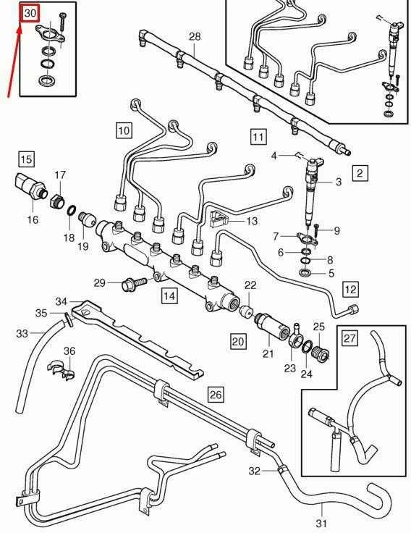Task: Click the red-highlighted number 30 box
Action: [x=30, y=14]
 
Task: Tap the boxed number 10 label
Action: [x=124, y=130]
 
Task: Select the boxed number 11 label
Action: [x=258, y=137]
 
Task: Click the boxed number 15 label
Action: [x=27, y=159]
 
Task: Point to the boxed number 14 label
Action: [x=169, y=295]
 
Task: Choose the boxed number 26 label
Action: [x=216, y=394]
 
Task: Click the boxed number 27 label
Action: [x=350, y=338]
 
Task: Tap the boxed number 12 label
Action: [x=350, y=289]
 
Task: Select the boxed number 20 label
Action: [x=238, y=341]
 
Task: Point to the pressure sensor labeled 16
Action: [x=30, y=187]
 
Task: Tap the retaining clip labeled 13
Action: [x=219, y=219]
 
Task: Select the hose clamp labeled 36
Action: [x=61, y=369]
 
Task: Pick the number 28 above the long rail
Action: [x=195, y=36]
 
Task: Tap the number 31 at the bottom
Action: [x=321, y=523]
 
